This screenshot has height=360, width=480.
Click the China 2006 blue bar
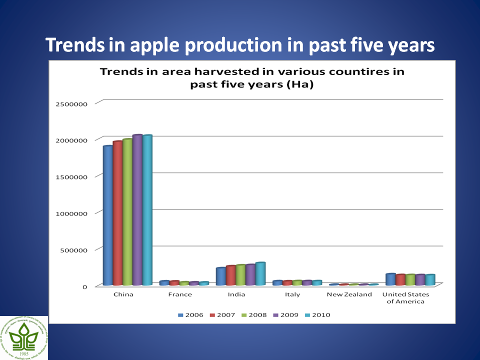coord(107,216)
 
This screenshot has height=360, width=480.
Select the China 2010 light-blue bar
coord(147,210)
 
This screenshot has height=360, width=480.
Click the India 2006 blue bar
coord(220,277)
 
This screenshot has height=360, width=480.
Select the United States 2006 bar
coord(390,280)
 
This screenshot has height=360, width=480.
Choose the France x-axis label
coord(180,294)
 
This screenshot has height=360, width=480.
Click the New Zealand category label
coord(349,294)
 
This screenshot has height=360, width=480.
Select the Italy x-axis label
coord(292,294)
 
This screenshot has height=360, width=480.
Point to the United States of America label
coord(405,297)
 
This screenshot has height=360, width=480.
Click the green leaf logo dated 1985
coord(24,337)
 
